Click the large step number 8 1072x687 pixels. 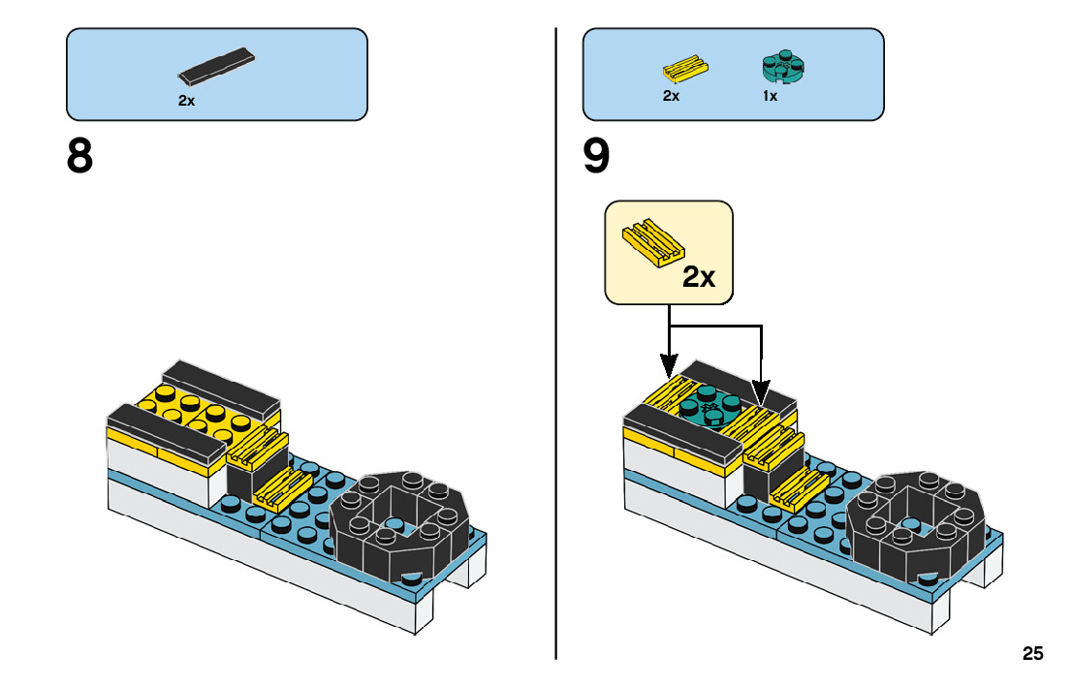79,156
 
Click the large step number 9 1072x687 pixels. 597,156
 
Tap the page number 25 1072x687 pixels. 1032,654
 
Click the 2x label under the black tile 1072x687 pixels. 186,100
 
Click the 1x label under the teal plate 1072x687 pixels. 770,97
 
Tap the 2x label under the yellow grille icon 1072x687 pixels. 671,97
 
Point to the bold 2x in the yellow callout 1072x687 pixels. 698,277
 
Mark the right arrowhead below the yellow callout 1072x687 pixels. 760,395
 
